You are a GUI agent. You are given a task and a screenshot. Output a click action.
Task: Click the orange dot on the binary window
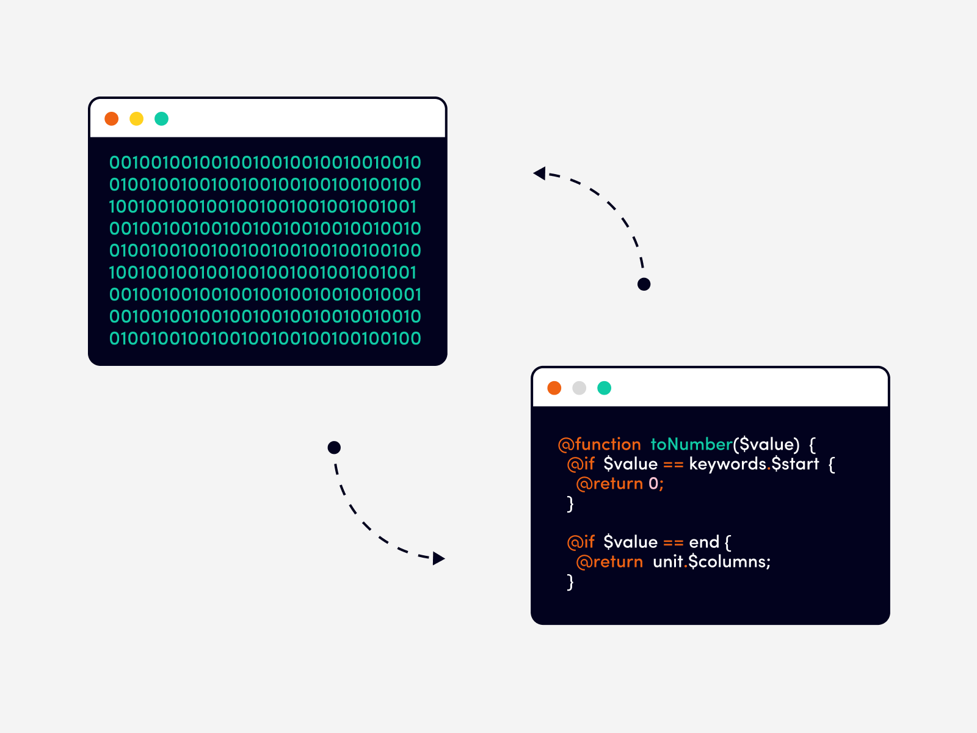(111, 119)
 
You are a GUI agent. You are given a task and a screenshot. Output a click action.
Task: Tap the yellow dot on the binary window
(136, 119)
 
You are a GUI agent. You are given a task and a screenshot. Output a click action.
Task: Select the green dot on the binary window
(161, 119)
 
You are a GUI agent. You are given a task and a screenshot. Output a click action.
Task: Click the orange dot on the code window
(554, 388)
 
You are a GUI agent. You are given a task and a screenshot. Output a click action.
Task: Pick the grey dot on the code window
(579, 388)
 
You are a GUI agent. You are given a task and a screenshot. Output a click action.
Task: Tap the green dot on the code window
(604, 388)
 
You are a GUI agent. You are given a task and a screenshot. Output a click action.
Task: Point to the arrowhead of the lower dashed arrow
(438, 558)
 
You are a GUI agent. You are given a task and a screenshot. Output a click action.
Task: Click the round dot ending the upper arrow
(644, 284)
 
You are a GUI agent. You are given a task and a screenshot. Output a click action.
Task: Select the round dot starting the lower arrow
(334, 448)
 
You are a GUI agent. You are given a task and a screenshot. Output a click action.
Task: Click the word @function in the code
(599, 444)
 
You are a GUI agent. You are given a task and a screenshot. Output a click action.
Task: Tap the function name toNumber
(691, 444)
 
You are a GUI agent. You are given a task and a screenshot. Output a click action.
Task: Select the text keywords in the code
(727, 464)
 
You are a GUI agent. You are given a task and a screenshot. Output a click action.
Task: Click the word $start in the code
(794, 464)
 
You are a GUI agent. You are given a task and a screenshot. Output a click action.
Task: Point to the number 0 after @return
(653, 484)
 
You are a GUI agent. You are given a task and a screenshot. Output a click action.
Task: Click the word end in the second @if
(704, 542)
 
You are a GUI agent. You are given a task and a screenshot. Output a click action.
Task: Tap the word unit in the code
(667, 561)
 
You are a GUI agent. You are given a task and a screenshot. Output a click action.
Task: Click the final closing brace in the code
(570, 582)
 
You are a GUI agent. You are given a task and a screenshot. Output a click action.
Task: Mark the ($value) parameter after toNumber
(766, 444)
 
